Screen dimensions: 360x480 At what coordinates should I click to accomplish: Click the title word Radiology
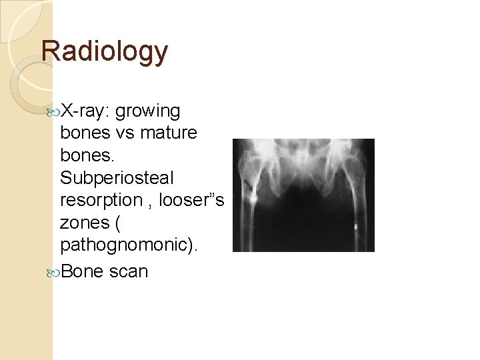coord(105,51)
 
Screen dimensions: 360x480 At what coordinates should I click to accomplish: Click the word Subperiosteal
coord(117,178)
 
